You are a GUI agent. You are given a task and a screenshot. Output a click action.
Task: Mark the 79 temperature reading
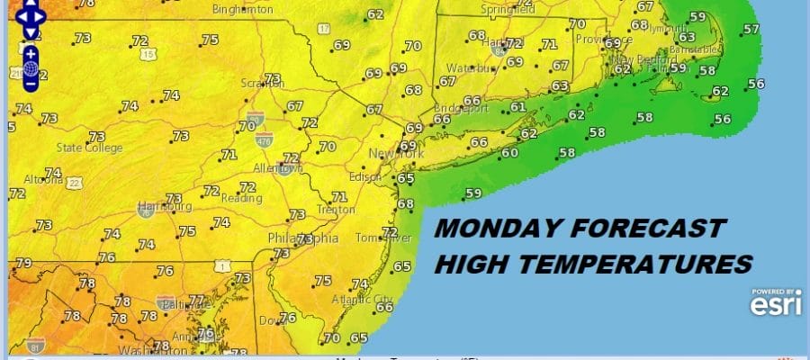coord(23,263)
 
